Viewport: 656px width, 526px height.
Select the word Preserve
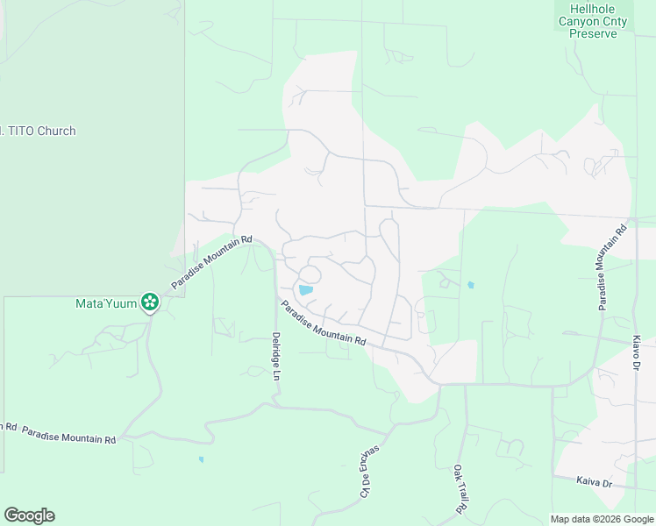click(593, 33)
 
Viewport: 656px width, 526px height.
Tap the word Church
click(53, 131)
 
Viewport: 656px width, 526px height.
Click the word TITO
click(13, 131)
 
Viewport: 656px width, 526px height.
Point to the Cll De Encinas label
click(368, 471)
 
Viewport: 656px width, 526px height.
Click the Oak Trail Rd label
click(458, 488)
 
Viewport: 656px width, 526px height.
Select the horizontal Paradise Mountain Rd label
click(68, 435)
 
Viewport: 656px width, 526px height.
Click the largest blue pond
click(305, 289)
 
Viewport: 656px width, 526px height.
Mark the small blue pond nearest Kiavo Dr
click(471, 285)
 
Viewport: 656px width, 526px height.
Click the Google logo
click(29, 515)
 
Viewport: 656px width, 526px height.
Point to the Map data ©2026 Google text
click(601, 519)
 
